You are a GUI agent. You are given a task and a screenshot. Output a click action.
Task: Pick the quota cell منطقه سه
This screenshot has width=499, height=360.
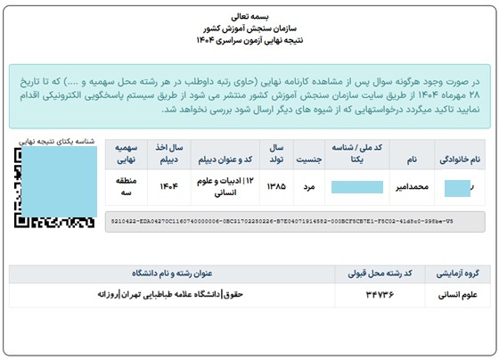pos(125,187)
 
